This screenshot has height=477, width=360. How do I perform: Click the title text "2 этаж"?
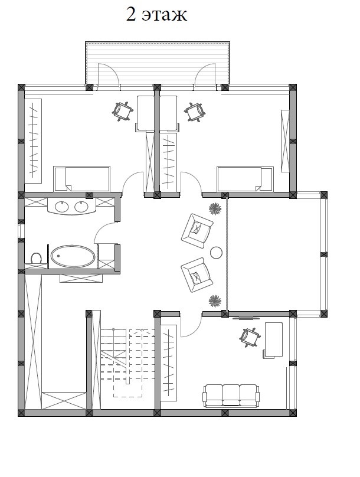(156, 15)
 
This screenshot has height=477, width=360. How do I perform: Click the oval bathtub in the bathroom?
(73, 256)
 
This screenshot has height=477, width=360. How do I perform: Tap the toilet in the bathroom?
(36, 258)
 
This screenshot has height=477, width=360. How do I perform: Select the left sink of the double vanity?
(62, 207)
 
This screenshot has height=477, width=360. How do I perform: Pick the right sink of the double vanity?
(81, 207)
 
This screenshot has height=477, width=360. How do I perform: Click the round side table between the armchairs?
(216, 253)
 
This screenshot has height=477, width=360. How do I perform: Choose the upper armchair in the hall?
(197, 231)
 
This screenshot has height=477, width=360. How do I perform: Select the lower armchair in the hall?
(197, 275)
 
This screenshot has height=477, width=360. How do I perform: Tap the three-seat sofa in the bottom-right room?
(231, 396)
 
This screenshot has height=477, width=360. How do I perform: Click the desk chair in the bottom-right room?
(250, 337)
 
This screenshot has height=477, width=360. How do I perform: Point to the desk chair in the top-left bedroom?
(123, 112)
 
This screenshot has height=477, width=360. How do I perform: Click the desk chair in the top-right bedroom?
(194, 112)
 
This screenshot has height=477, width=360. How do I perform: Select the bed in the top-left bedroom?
(82, 178)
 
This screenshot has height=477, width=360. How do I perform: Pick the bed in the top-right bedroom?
(245, 179)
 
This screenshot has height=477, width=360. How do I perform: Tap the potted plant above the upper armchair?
(215, 209)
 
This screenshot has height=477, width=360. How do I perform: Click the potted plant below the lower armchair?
(215, 301)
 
